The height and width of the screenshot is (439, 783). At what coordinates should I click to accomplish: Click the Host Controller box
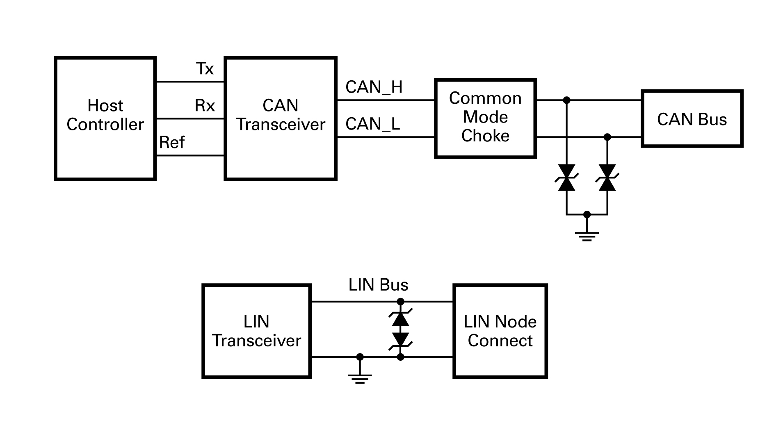pyautogui.click(x=105, y=118)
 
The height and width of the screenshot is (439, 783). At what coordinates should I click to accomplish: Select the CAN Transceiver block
pyautogui.click(x=281, y=118)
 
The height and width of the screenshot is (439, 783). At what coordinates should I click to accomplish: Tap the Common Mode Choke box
pyautogui.click(x=485, y=118)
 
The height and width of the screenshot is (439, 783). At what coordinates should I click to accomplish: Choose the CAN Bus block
pyautogui.click(x=692, y=119)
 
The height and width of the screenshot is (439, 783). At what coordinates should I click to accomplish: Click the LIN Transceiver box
pyautogui.click(x=256, y=331)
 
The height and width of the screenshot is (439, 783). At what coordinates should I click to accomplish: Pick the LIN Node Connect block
pyautogui.click(x=500, y=331)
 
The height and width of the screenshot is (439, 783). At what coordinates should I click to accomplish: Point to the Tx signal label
pyautogui.click(x=205, y=69)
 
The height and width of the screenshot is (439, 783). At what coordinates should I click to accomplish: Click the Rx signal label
pyautogui.click(x=205, y=106)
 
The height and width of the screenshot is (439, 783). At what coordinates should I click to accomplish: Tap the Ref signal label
pyautogui.click(x=172, y=143)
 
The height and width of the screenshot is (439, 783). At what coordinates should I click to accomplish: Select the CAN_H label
pyautogui.click(x=374, y=87)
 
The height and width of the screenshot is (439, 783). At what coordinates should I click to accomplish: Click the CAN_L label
pyautogui.click(x=372, y=124)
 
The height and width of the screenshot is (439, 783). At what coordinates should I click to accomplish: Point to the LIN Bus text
pyautogui.click(x=378, y=285)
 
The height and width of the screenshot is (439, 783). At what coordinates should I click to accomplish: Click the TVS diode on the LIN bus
pyautogui.click(x=401, y=329)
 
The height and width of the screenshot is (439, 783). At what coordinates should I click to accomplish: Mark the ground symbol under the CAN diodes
pyautogui.click(x=587, y=236)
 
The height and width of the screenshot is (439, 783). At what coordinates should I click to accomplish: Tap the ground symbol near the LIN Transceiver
pyautogui.click(x=360, y=378)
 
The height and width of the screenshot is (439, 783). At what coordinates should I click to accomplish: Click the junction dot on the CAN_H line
pyautogui.click(x=566, y=100)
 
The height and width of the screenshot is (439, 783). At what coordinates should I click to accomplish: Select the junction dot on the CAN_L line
pyautogui.click(x=607, y=137)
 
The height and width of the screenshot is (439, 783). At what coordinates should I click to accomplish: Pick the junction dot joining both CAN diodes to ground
pyautogui.click(x=587, y=214)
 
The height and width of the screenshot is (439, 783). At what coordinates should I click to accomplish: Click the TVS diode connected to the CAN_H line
pyautogui.click(x=566, y=178)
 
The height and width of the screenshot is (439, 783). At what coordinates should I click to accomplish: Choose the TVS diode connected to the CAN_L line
pyautogui.click(x=607, y=178)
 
